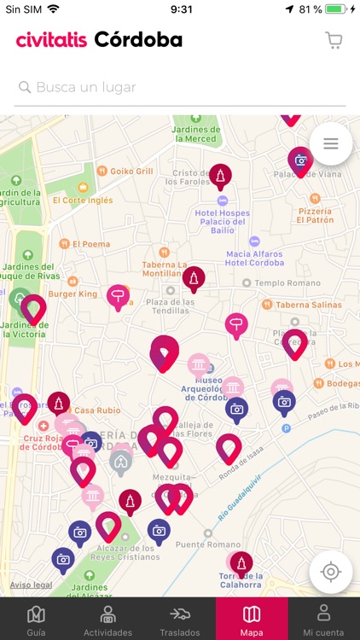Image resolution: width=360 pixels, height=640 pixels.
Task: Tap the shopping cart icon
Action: coord(334,40)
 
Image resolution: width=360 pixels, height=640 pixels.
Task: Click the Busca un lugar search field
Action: coord(180,87)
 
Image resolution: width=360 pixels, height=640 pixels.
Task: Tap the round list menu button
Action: coord(331,144)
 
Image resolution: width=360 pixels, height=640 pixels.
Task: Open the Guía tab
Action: coord(36,620)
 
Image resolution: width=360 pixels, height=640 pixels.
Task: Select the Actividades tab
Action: coord(108,620)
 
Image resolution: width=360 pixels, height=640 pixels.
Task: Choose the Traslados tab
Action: coord(179,620)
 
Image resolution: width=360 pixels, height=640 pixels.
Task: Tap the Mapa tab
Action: coord(252,620)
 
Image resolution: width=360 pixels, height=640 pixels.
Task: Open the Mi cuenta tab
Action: coord(323,620)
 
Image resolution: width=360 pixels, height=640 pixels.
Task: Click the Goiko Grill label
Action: coord(131,172)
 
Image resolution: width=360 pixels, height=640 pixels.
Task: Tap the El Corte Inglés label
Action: coord(83,201)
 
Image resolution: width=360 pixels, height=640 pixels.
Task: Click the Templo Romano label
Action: coord(281,282)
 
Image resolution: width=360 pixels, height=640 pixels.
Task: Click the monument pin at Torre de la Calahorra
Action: coord(241,563)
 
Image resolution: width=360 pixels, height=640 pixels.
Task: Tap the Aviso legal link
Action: coord(32,585)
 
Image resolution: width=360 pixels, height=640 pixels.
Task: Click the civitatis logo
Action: coord(51,40)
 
